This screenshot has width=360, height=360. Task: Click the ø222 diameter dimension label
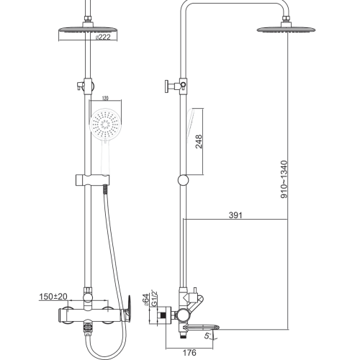(103, 37)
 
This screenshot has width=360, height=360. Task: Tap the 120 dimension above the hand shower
(105, 98)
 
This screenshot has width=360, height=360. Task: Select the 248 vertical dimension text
(199, 142)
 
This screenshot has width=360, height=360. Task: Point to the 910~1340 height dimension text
(284, 179)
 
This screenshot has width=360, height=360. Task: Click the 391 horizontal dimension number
(235, 215)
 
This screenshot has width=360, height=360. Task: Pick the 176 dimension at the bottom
(189, 353)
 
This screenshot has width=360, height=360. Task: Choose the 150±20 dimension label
(53, 297)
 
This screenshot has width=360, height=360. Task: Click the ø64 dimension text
(145, 300)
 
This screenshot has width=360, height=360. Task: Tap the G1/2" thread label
(154, 298)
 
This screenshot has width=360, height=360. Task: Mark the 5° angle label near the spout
(207, 336)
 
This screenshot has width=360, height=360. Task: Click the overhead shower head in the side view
(286, 30)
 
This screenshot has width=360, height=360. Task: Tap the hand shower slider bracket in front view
(93, 180)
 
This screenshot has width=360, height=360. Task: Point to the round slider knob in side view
(183, 180)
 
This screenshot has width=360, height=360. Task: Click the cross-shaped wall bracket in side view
(176, 85)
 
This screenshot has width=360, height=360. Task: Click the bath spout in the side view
(201, 327)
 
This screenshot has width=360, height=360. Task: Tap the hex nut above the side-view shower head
(286, 19)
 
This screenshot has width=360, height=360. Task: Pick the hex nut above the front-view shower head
(88, 19)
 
